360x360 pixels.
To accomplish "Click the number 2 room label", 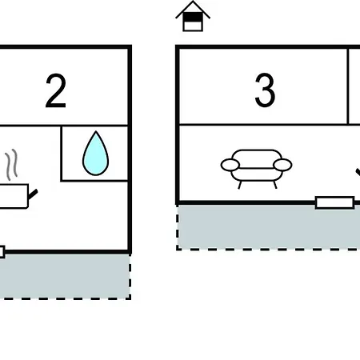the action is (56, 90).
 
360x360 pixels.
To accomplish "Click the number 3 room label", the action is (265, 90).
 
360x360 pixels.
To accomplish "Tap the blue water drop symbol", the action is (95, 154).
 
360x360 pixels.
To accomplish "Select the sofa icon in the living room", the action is (256, 169).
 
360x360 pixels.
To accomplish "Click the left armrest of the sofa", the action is (230, 165).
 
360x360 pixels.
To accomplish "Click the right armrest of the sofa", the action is (282, 165).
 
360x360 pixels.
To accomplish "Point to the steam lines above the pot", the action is (12, 165).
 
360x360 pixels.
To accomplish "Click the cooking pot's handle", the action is (33, 194).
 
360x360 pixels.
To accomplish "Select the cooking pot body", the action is (14, 196).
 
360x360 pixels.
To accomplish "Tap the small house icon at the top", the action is (193, 16).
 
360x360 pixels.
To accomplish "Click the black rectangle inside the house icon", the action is (193, 17).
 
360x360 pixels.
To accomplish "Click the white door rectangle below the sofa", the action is (334, 202).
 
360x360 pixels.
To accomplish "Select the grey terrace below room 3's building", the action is (269, 226).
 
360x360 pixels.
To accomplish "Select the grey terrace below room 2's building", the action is (65, 276).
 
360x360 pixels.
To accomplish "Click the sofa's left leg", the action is (239, 185).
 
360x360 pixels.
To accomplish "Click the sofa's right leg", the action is (275, 185).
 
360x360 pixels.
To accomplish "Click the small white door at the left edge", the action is (2, 252).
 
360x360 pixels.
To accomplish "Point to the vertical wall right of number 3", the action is (348, 86).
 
